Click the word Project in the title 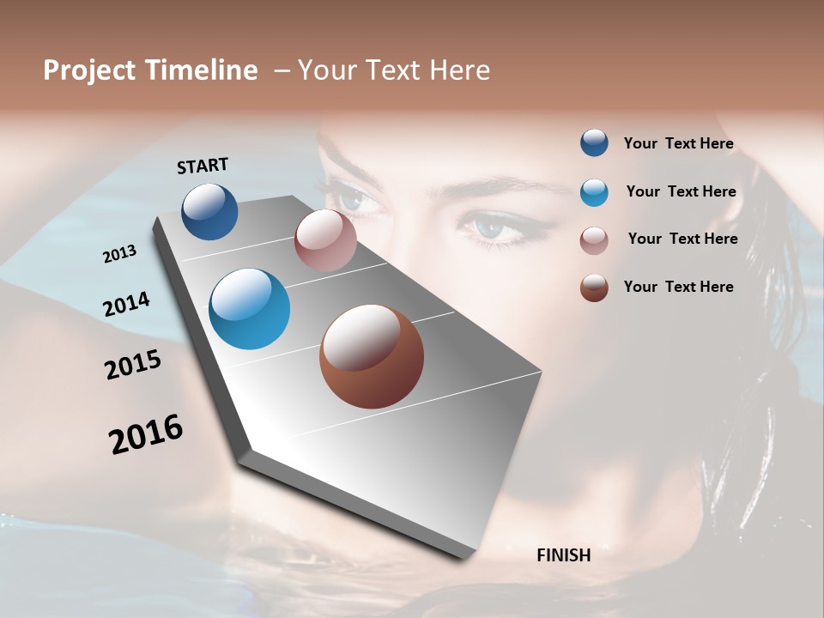point(89,70)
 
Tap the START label point(203,166)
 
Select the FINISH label point(563,555)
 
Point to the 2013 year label point(120,253)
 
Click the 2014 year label point(126,304)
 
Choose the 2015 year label point(133,365)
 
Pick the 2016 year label point(146,434)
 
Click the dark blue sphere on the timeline point(209,211)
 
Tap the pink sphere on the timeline point(325,240)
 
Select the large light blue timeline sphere point(250,309)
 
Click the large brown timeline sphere point(372,356)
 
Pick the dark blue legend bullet point(594,142)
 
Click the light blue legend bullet point(594,192)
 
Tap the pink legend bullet point(594,240)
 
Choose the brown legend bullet point(594,288)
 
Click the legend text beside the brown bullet point(678,287)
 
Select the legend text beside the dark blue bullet point(678,143)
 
